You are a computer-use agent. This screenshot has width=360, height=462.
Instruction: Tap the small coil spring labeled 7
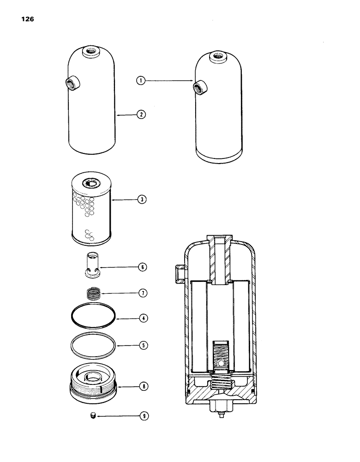[x=94, y=293]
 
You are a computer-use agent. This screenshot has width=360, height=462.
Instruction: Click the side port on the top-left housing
[x=73, y=84]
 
